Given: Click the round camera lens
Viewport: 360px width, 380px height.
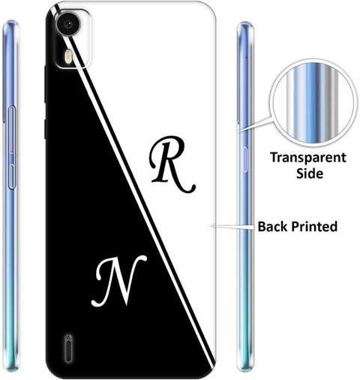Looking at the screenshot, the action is (68, 24).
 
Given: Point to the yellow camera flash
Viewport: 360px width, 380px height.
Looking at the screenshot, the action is (69, 56).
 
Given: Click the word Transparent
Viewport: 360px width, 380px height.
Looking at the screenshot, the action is (308, 158).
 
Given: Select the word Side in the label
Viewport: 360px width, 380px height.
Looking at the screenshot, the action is (310, 173).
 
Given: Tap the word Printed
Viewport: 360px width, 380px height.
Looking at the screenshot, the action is (315, 227).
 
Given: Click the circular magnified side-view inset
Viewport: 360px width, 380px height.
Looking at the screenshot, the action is (313, 103).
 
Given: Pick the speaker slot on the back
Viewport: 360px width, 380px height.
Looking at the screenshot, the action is (68, 348).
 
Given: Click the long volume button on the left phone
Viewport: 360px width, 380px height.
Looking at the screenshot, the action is (12, 129).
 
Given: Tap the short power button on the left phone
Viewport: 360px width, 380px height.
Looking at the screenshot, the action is (11, 176).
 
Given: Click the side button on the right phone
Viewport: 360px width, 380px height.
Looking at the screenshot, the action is (244, 160).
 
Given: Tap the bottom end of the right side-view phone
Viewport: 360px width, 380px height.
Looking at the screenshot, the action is (245, 369).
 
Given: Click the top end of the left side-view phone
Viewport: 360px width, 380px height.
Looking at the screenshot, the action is (10, 22).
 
